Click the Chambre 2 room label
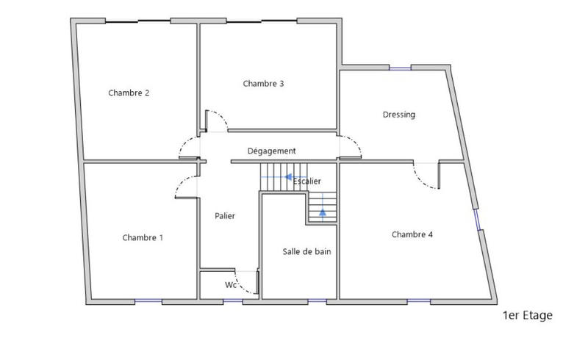(129, 93)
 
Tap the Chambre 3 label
(263, 84)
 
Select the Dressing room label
(399, 115)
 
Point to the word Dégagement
(271, 151)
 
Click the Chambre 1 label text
(143, 237)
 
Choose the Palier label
(225, 216)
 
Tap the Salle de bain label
(306, 251)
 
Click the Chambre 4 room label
(412, 235)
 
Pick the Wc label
(230, 285)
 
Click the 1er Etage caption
(527, 316)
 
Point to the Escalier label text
(307, 181)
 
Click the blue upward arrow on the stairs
(322, 213)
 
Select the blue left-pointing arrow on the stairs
(288, 177)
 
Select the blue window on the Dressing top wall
(400, 68)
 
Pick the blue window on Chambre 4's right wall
(477, 220)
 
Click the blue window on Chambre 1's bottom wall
(148, 301)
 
